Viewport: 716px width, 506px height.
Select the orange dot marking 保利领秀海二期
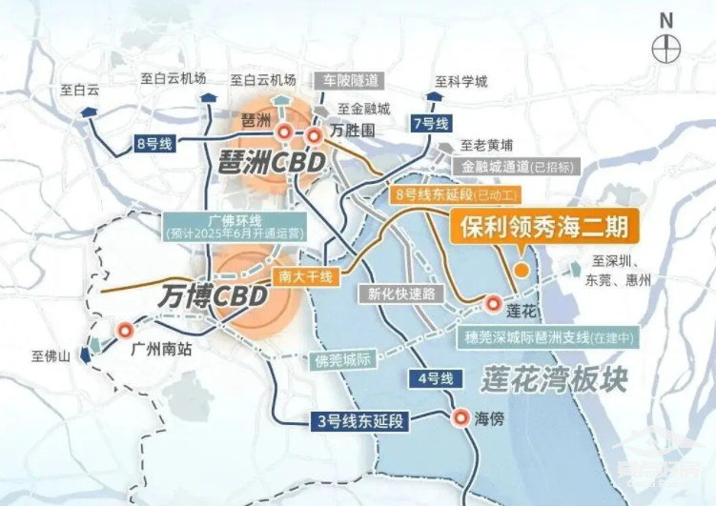[522, 271]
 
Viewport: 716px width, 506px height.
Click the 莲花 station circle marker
[493, 304]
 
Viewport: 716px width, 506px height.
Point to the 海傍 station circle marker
[460, 417]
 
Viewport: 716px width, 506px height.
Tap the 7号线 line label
[430, 123]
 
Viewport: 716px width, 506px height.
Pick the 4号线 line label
[434, 379]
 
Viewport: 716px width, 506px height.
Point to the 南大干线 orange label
[305, 276]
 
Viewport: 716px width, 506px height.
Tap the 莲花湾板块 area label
[555, 379]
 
